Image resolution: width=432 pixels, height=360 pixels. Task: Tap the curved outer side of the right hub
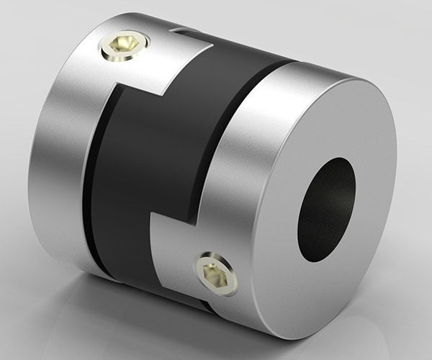coord(238,144)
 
